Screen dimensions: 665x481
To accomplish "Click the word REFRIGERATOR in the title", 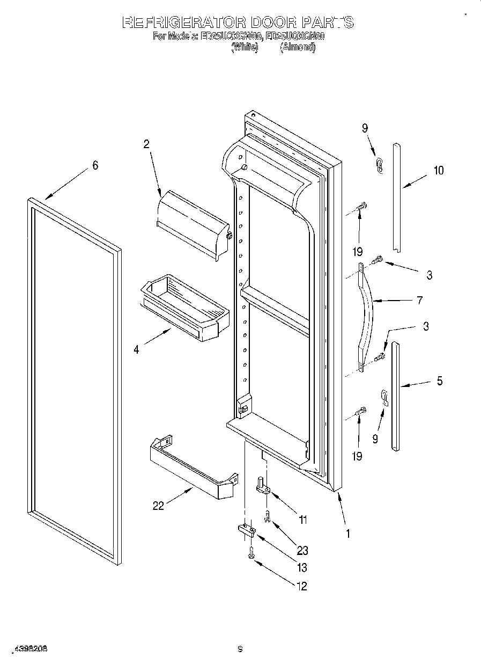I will click(x=184, y=23).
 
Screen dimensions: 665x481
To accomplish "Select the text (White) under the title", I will click(x=245, y=47).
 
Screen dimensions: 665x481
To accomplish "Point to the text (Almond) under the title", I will click(x=298, y=47).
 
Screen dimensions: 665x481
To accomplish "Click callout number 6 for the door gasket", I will click(x=95, y=166).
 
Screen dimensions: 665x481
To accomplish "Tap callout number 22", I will click(x=158, y=506).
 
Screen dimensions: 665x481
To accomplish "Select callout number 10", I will click(x=439, y=171).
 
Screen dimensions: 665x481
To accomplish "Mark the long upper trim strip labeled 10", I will click(x=397, y=196).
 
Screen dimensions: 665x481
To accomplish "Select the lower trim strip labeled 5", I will click(x=395, y=396).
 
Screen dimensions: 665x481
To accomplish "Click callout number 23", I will click(x=302, y=550).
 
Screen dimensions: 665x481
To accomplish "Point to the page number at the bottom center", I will click(x=240, y=649).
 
